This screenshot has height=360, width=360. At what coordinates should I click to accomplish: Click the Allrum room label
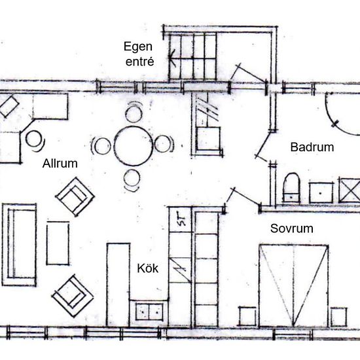(x=60, y=164)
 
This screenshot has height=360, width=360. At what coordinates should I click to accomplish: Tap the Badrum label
(x=312, y=147)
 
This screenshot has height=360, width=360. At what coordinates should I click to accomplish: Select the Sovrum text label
(x=291, y=228)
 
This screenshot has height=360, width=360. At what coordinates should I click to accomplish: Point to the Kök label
(x=148, y=268)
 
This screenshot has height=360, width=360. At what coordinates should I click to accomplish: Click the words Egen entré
(x=139, y=54)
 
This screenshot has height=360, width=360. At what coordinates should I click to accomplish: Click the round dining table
(x=133, y=146)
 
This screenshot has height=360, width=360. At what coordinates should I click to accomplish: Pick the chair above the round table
(x=134, y=113)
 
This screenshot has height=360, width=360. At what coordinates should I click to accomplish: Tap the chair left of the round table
(x=101, y=146)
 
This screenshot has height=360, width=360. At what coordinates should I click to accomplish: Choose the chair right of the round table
(x=164, y=144)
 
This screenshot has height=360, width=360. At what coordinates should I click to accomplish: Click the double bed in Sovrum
(x=294, y=286)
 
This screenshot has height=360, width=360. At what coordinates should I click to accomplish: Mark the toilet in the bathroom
(x=291, y=188)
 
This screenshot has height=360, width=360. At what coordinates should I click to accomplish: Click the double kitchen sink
(x=149, y=312)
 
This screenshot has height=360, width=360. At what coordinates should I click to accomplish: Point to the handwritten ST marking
(x=182, y=220)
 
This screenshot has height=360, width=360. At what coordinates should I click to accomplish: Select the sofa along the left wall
(x=19, y=245)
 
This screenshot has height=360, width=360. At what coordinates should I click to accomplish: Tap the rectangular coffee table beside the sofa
(x=58, y=243)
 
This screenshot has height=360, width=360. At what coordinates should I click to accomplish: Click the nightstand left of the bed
(x=247, y=316)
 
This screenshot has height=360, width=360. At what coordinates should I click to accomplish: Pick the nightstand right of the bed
(x=338, y=317)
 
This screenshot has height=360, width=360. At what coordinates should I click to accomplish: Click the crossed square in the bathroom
(x=350, y=190)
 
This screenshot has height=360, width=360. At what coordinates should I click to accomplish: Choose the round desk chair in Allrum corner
(x=35, y=140)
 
